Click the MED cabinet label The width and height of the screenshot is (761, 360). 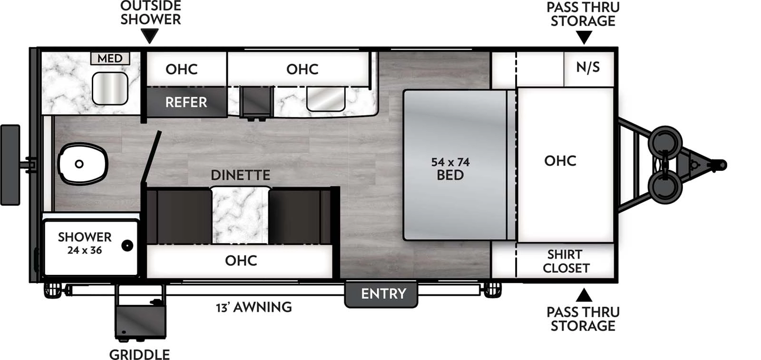(110, 58)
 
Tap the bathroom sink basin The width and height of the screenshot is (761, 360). (110, 88)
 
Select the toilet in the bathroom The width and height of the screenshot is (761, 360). (82, 164)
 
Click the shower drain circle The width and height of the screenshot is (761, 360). (127, 246)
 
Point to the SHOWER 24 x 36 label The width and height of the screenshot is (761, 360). (85, 243)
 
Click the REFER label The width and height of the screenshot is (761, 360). (186, 102)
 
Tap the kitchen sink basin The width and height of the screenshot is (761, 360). (326, 99)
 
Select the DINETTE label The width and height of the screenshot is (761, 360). (240, 175)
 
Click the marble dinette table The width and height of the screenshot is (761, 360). (240, 214)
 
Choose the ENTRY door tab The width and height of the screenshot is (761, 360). (383, 294)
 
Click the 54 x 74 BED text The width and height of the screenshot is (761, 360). (450, 168)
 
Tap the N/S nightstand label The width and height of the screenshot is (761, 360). (588, 68)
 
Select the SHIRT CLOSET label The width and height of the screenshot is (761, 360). (566, 261)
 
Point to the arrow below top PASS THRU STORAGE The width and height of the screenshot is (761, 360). (584, 37)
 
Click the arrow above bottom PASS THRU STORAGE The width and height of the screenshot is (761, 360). (584, 295)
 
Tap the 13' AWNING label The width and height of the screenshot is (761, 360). (254, 307)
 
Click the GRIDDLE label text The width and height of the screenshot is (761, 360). (139, 354)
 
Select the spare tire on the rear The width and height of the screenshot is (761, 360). (10, 165)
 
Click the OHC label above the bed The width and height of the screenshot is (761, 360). (560, 161)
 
